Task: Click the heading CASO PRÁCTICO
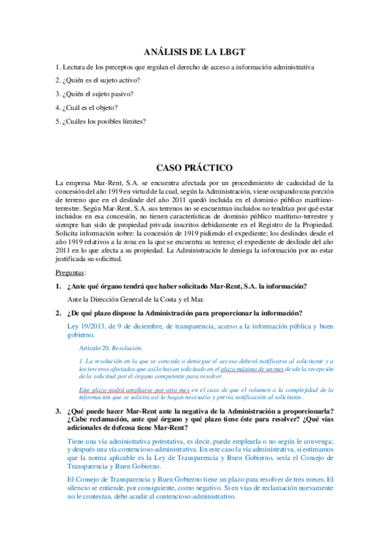[194, 167]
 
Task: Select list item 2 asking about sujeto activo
[97, 81]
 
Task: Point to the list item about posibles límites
[101, 120]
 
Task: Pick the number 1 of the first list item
[58, 67]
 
